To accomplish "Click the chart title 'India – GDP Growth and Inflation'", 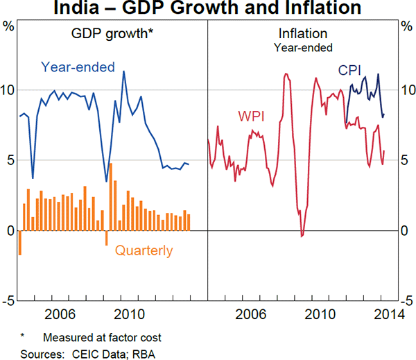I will tap(207, 8).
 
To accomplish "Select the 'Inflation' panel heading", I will tap(303, 33).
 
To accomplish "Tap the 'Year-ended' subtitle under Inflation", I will tap(303, 48).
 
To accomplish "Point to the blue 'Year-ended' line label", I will tap(78, 67).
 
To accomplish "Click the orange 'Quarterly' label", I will tap(144, 251).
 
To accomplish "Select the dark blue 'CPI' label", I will tap(349, 70).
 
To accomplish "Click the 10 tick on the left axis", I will tap(8, 90).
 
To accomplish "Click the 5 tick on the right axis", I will tap(407, 160).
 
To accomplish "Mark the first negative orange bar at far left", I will tap(19, 243).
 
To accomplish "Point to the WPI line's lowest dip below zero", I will tap(302, 236).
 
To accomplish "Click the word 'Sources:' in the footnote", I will tap(40, 352).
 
